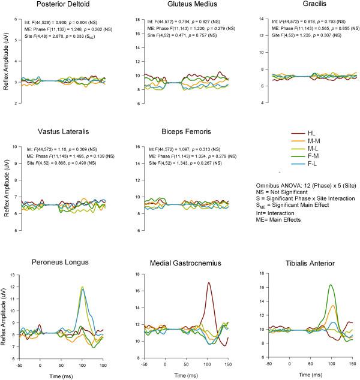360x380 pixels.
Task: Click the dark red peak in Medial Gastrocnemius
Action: click(208, 283)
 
